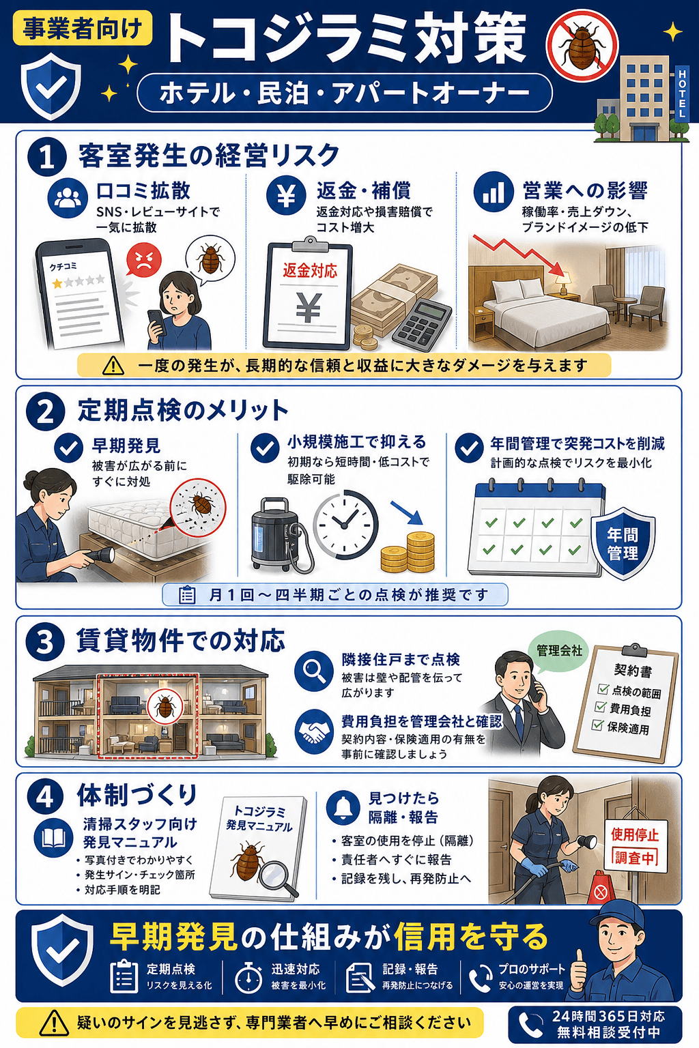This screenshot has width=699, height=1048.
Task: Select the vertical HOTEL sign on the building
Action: (682, 93)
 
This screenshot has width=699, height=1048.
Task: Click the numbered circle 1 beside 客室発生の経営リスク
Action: (47, 157)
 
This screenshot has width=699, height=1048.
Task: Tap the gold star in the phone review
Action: (57, 283)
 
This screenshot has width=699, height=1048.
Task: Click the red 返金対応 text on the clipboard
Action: (309, 270)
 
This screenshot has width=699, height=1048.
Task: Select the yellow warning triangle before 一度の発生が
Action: (113, 366)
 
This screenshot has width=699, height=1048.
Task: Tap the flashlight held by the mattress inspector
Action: (98, 555)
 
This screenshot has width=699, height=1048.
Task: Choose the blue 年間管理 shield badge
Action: (623, 543)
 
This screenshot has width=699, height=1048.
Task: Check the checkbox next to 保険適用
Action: (597, 725)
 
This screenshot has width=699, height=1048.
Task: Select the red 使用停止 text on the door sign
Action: (634, 834)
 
